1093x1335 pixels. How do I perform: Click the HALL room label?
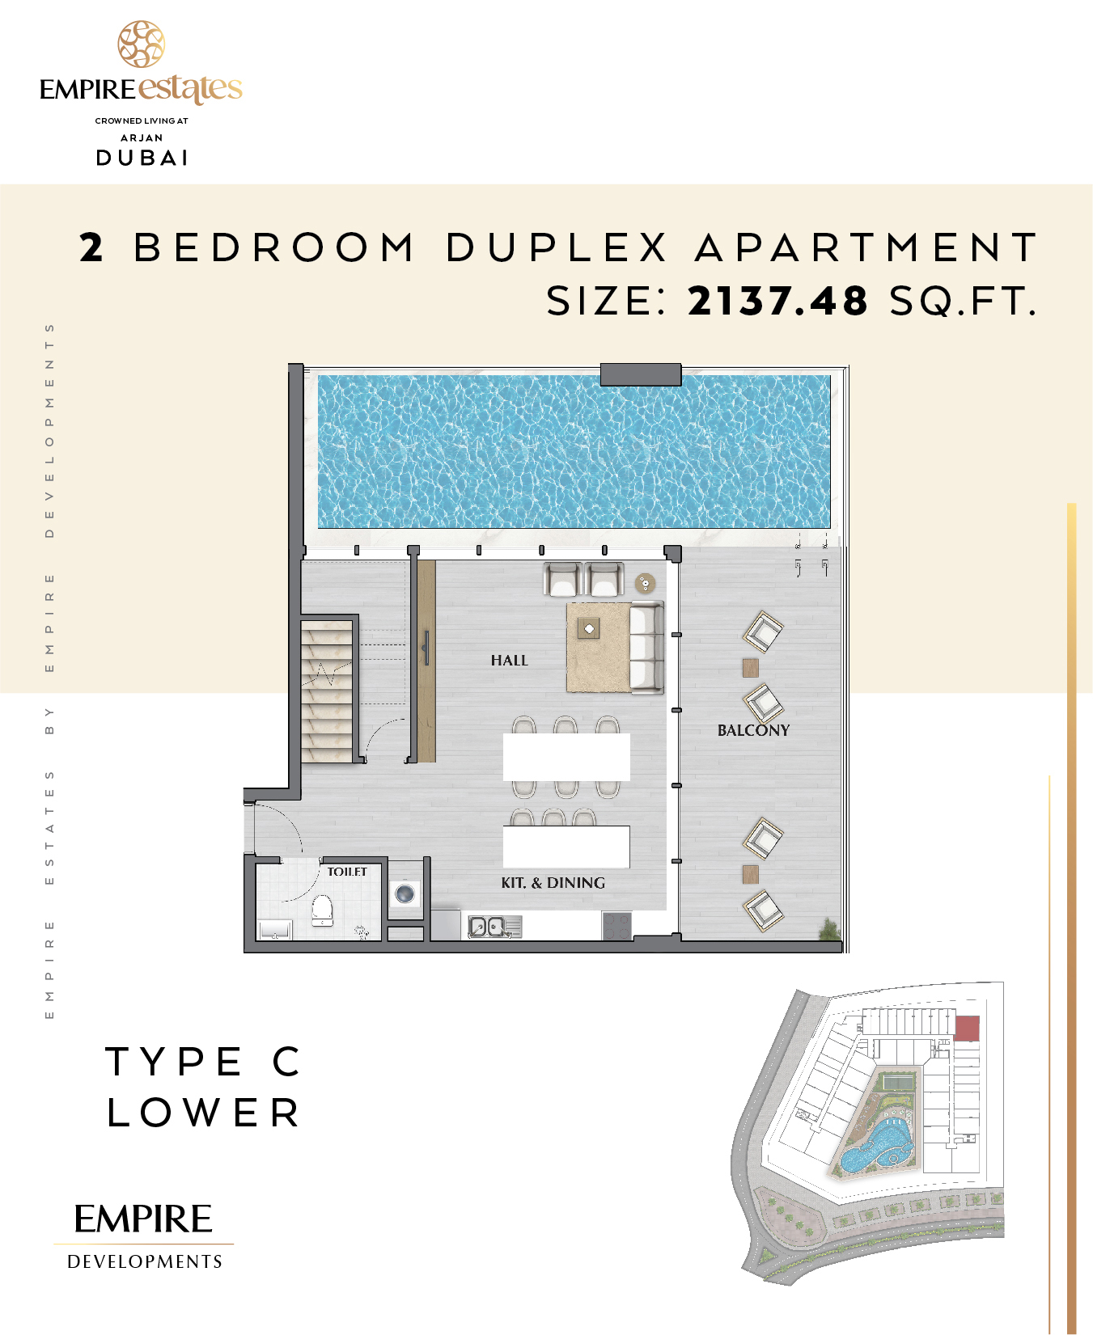(509, 661)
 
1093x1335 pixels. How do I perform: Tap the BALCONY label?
(753, 730)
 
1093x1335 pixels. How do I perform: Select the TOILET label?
(347, 872)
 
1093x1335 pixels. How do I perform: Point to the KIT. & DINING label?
(553, 883)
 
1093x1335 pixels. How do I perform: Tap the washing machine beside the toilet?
(405, 894)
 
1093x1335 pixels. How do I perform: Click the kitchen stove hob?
(616, 926)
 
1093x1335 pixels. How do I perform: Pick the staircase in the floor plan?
(327, 691)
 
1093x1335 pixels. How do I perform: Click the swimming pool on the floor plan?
(574, 451)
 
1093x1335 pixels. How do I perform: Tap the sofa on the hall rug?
(646, 648)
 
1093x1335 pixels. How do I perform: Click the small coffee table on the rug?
(589, 628)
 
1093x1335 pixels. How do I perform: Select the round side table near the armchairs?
(645, 583)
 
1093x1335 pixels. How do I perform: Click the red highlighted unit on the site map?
(967, 1029)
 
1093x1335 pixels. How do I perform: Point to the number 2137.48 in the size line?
(777, 301)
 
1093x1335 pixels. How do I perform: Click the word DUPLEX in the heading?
(557, 247)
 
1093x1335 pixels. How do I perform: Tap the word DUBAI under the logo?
(142, 158)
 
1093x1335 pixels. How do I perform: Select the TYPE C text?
(204, 1062)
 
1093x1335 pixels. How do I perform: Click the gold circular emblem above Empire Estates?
(142, 44)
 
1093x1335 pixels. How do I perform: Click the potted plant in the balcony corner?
(829, 930)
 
